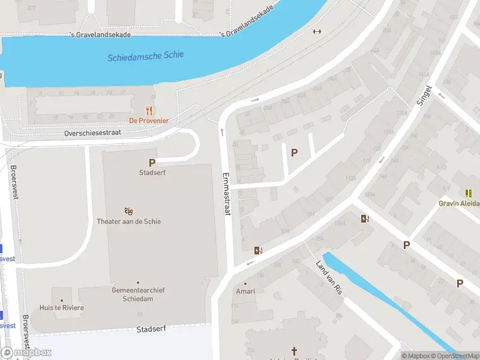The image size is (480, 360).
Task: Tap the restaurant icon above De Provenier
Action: tap(149, 110)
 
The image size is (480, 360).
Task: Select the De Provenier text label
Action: tap(149, 121)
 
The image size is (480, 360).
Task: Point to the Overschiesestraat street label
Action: tap(92, 133)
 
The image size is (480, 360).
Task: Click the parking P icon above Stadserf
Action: tap(152, 163)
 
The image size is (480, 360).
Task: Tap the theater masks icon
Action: tap(128, 211)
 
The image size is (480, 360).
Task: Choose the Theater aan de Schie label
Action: tap(129, 221)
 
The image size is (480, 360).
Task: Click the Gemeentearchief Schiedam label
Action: tap(138, 294)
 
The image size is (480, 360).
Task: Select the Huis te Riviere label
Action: tap(62, 308)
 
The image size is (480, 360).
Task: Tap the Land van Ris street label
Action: tap(329, 278)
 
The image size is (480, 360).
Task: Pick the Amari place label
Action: tap(245, 292)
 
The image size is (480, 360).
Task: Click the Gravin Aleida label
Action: tap(459, 203)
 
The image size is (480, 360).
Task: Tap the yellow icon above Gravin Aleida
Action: tap(468, 193)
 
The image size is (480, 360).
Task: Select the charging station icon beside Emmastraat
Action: tap(258, 251)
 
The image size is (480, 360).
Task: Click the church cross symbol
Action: tap(294, 351)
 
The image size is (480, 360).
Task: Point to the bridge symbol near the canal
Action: tap(317, 32)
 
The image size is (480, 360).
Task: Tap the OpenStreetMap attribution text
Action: tap(452, 356)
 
